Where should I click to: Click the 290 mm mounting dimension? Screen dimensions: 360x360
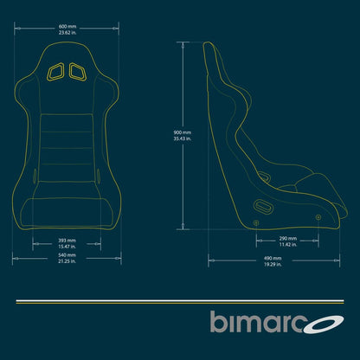(x=288, y=238)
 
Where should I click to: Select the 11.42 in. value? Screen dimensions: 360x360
(x=288, y=245)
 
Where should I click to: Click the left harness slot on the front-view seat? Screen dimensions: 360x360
(x=56, y=72)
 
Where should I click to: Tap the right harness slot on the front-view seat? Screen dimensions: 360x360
(x=77, y=72)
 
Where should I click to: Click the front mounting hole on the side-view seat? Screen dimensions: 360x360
(x=318, y=215)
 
